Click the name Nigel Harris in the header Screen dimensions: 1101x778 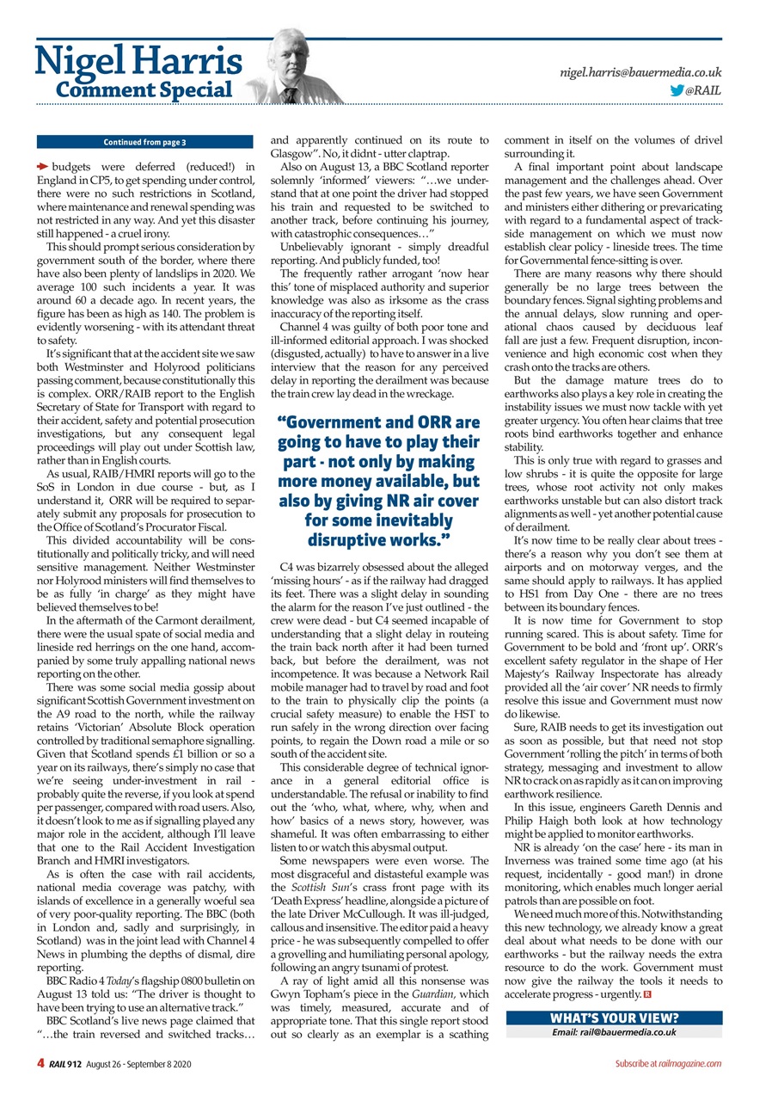[x=138, y=60]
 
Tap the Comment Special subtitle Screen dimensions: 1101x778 [x=144, y=89]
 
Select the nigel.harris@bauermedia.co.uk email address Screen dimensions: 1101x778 [x=640, y=73]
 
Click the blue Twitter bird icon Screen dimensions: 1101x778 [x=677, y=89]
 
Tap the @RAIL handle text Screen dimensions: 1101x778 [x=704, y=89]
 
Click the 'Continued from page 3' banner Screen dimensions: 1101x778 [x=145, y=142]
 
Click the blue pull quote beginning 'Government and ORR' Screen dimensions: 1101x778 [x=378, y=481]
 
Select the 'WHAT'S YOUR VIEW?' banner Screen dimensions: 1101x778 [x=614, y=1018]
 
